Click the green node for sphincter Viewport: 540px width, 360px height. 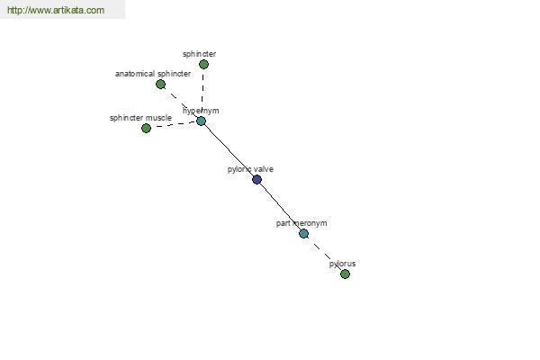click(203, 65)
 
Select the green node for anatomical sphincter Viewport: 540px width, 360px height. click(160, 84)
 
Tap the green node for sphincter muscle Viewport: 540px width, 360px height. click(146, 128)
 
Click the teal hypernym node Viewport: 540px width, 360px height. click(201, 121)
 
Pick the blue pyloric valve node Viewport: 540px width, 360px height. click(256, 179)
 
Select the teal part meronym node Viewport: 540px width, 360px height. click(303, 234)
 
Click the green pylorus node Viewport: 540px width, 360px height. click(345, 274)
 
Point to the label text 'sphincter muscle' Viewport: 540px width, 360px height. click(140, 118)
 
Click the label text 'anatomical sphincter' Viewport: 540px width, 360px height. click(153, 74)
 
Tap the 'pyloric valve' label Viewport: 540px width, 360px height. click(250, 169)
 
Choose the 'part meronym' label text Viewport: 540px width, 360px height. click(301, 223)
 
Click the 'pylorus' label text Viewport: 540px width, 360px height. click(342, 264)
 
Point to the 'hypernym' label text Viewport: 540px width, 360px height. click(201, 111)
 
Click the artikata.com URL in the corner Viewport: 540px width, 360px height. click(56, 10)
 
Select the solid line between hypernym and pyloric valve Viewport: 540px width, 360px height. click(229, 150)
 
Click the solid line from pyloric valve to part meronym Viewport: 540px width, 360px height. click(280, 207)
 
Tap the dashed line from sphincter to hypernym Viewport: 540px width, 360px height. click(202, 93)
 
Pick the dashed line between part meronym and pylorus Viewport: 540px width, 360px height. click(324, 254)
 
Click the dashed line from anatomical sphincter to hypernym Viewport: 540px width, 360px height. click(181, 103)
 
